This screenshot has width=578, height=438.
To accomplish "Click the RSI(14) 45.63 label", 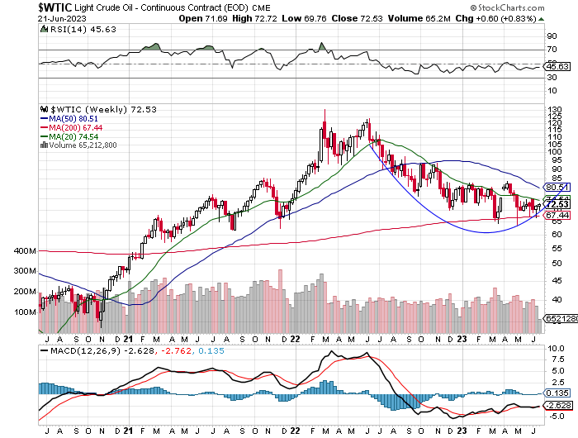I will click(x=74, y=29).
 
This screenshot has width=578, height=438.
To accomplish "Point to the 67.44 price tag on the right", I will click(x=555, y=215).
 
